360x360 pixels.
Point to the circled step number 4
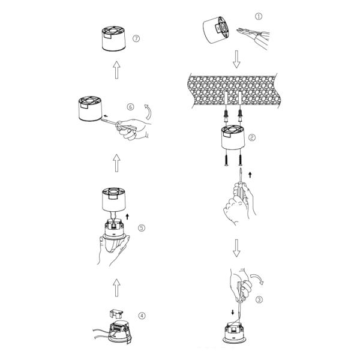coord(142,316)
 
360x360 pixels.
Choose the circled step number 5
coord(141,228)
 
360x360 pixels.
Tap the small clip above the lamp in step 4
coord(116,314)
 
